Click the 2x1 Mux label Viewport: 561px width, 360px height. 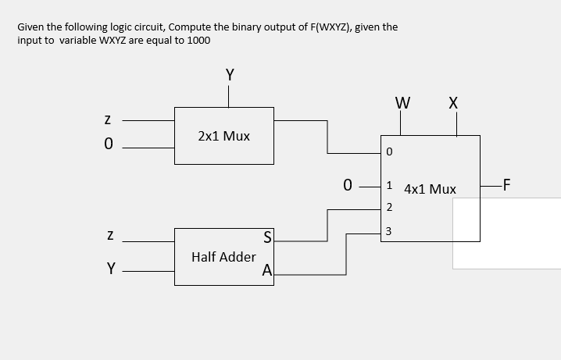pos(223,136)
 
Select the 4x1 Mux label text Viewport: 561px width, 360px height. pos(430,189)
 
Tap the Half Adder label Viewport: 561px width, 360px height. pos(223,257)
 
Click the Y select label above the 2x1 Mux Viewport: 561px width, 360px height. pos(229,75)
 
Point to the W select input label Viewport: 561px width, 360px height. pos(402,102)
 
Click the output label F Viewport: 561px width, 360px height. pos(507,186)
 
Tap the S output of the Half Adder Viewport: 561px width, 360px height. pos(268,237)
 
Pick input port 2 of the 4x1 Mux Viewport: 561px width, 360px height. pos(389,208)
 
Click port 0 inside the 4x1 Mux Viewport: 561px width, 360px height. pos(389,151)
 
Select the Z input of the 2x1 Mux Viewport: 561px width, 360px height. pos(109,121)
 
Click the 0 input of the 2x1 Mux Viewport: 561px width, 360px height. pos(109,144)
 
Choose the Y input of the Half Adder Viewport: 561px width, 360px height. pos(111,269)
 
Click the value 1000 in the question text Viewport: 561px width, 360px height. pos(196,40)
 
